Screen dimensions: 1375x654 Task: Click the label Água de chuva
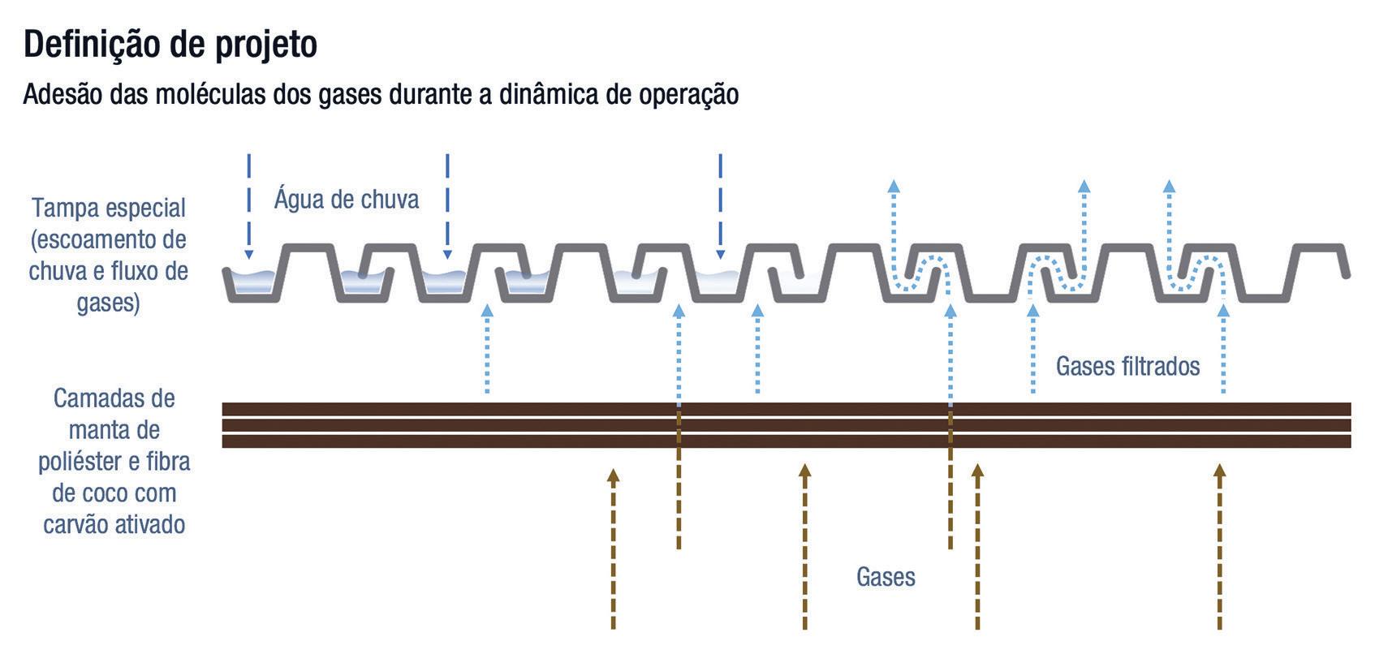click(x=347, y=199)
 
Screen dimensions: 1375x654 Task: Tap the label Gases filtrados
click(x=1127, y=366)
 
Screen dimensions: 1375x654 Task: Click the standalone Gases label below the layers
click(x=886, y=577)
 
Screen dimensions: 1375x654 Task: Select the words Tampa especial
click(x=109, y=208)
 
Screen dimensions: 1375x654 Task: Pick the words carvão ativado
click(x=114, y=524)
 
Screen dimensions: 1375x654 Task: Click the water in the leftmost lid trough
click(x=252, y=283)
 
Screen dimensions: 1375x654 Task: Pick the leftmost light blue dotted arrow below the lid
click(x=487, y=349)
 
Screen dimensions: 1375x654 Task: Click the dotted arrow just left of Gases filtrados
click(x=1032, y=349)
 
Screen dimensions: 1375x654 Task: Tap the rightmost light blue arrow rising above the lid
click(x=1169, y=219)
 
